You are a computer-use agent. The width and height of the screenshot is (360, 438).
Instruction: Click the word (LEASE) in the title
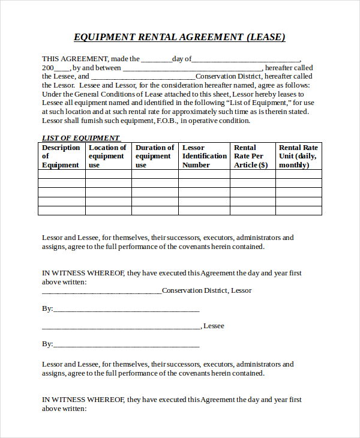tap(265, 37)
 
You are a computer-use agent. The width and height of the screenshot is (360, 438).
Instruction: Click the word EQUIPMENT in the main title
tap(105, 37)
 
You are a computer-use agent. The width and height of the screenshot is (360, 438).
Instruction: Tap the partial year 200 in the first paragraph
tap(48, 68)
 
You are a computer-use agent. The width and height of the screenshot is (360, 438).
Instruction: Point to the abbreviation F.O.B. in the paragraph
tap(168, 121)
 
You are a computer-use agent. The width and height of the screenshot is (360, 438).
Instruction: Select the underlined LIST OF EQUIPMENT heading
tap(80, 138)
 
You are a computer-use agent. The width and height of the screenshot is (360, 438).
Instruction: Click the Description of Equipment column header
tap(61, 156)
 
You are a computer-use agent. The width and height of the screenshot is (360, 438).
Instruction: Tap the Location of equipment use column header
tap(107, 156)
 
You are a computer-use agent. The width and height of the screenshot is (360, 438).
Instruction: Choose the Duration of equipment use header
tap(154, 156)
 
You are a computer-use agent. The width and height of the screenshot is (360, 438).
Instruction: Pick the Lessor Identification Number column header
tap(204, 156)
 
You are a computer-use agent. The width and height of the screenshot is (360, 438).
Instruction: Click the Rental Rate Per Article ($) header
tap(251, 156)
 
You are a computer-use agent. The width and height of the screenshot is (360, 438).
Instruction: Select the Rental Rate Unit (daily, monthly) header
tap(298, 156)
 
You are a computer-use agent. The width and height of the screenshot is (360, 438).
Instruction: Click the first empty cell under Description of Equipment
tap(61, 174)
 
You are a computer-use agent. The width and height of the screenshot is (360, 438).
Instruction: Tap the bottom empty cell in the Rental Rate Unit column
tap(298, 210)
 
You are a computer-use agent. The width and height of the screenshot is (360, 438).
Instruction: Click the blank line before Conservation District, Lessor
tap(101, 291)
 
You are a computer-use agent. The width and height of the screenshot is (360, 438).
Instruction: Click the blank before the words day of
tap(156, 59)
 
